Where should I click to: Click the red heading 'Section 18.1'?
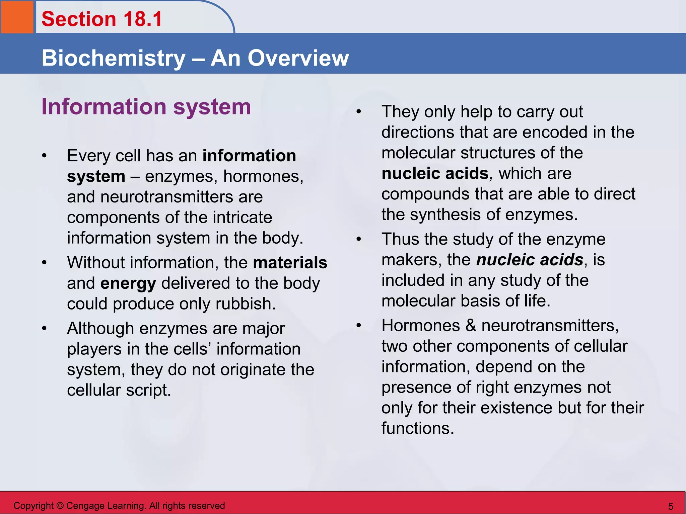(x=102, y=19)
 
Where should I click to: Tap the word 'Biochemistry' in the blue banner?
(x=114, y=58)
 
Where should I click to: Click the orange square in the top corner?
(x=17, y=17)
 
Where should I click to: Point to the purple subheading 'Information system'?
(x=146, y=107)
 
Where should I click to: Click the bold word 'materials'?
(x=290, y=262)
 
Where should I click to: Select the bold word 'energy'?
(x=128, y=283)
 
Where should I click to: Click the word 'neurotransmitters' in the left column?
(x=167, y=197)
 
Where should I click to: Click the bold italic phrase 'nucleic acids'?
(x=530, y=260)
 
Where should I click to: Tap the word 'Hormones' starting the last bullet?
(x=421, y=326)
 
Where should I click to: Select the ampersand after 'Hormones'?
(x=471, y=326)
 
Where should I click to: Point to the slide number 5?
(x=671, y=506)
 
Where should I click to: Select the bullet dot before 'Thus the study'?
(x=359, y=240)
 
